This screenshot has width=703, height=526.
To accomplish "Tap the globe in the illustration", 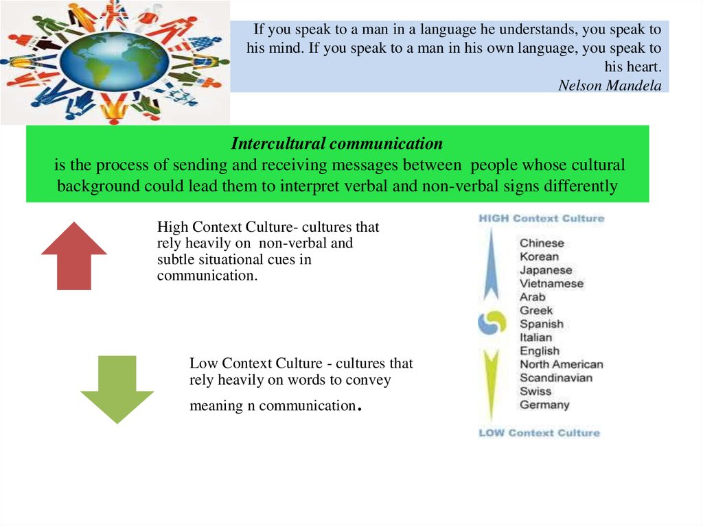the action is coord(115,62).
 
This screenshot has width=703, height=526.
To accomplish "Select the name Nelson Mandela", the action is coord(610,85).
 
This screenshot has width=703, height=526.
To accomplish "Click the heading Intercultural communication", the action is coord(336,143).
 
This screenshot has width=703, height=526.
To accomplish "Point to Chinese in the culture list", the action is coord(542,243).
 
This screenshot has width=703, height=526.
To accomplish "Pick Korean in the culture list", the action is coord(539,256).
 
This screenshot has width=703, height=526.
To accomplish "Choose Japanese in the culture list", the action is coord(546,270).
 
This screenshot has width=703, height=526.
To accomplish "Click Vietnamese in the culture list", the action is coord(551,284).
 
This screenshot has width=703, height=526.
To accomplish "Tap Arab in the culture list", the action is coord(532,297).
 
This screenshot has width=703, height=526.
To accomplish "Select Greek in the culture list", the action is coord(535,311).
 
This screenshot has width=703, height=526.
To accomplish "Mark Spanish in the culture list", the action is coord(541,324).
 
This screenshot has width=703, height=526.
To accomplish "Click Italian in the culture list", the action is coord(535,337).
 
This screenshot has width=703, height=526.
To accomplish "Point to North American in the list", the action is coord(562,364).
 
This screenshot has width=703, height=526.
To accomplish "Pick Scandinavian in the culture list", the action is coord(556,378).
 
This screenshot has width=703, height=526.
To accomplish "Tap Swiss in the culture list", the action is coord(535,391).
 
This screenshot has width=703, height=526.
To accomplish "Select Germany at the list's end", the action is coord(544,405).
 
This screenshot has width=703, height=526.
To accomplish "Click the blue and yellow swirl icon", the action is coord(492,322).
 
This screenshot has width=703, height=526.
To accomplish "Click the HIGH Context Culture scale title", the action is coord(542,218).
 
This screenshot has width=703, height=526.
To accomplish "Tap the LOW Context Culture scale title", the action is coord(539,433).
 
